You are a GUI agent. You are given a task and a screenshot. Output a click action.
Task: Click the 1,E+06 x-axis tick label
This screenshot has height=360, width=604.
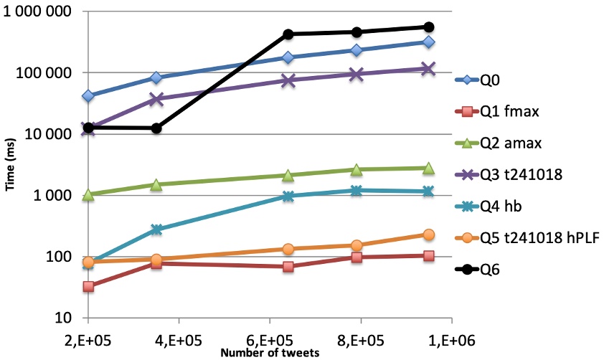(450, 337)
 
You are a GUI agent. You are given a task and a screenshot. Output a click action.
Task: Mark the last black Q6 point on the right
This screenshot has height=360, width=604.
(429, 27)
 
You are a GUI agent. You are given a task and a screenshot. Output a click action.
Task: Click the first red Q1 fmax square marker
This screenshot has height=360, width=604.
(88, 287)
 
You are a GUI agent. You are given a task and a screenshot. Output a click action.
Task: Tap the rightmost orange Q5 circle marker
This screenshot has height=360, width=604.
(429, 235)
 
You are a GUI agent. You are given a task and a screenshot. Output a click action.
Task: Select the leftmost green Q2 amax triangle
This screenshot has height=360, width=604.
(88, 194)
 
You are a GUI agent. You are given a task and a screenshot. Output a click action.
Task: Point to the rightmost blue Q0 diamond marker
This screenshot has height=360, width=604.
(429, 42)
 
